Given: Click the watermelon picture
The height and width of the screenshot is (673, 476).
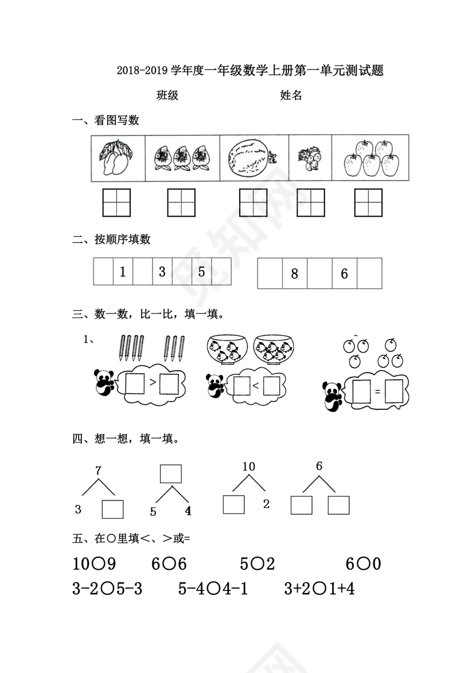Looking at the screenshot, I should click(248, 158).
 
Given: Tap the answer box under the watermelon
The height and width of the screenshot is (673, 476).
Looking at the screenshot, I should click(253, 203).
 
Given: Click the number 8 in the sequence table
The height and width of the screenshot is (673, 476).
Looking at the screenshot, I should click(295, 273).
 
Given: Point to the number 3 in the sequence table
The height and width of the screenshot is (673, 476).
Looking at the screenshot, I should click(162, 272).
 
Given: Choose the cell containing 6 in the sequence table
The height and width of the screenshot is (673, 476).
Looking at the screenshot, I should click(344, 273).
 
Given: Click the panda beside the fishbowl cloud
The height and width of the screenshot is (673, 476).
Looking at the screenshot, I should click(216, 387).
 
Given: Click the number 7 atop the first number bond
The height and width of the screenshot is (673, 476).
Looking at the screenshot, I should click(98, 471).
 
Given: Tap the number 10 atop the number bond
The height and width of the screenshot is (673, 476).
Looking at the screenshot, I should click(248, 467).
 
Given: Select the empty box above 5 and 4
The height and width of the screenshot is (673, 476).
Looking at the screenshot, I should click(170, 474).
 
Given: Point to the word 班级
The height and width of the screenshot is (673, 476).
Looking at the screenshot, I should click(167, 96).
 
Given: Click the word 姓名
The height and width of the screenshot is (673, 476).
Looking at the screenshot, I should click(291, 96).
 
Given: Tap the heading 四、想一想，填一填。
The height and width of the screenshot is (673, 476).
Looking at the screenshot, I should click(126, 439).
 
